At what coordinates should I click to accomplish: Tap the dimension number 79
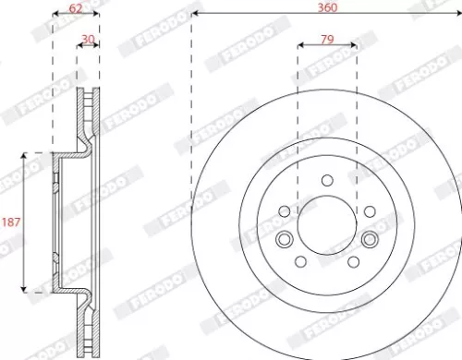tap(326, 38)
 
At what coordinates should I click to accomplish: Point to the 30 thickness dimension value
tap(89, 38)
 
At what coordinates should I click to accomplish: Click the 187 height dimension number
tap(12, 222)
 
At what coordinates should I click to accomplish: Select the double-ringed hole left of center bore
tap(283, 240)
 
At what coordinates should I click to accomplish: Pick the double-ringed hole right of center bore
tap(370, 240)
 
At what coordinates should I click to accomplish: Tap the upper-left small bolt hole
tap(285, 211)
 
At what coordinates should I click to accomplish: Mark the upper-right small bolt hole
tap(368, 211)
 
